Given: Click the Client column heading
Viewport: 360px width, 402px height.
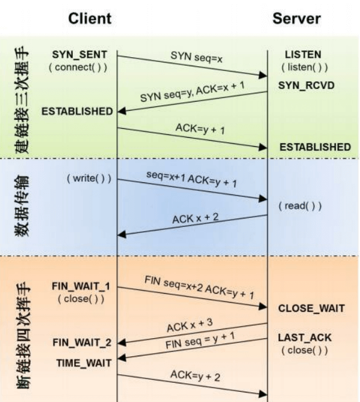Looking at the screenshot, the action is [x=90, y=19].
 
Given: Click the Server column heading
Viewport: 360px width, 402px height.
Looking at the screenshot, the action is [x=296, y=19].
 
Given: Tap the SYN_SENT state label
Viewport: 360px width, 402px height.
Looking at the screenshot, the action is [x=79, y=55].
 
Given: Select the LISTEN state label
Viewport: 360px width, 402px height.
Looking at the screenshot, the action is [x=303, y=55].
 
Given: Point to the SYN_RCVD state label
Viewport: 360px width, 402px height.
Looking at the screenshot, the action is [x=306, y=85].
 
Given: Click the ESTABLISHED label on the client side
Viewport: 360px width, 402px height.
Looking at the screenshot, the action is [x=77, y=111].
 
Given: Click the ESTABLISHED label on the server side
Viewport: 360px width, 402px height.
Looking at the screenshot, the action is [x=315, y=147].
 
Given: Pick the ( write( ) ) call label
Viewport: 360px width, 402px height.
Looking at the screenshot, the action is [x=89, y=178].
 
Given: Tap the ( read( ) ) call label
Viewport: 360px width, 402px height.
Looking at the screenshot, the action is [x=300, y=206].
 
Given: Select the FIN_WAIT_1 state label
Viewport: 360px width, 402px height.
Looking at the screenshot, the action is [x=81, y=286].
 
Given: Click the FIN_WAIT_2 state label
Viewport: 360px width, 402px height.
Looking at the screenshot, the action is [x=82, y=343].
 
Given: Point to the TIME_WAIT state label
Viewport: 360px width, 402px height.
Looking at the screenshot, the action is [x=84, y=363].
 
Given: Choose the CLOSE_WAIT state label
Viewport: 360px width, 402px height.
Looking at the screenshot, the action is [x=312, y=309].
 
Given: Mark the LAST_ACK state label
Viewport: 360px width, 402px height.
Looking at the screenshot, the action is [x=305, y=338].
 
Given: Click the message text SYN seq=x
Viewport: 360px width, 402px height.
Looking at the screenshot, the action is [x=196, y=57].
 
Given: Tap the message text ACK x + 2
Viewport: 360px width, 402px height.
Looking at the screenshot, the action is [x=196, y=218].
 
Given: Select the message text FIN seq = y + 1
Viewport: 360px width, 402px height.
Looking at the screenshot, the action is [x=200, y=340].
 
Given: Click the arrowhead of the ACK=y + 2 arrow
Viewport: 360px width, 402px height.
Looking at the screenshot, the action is [x=262, y=394].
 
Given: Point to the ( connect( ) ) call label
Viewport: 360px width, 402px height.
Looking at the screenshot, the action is [x=78, y=67].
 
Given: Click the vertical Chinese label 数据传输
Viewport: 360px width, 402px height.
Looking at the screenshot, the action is [x=22, y=206].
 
